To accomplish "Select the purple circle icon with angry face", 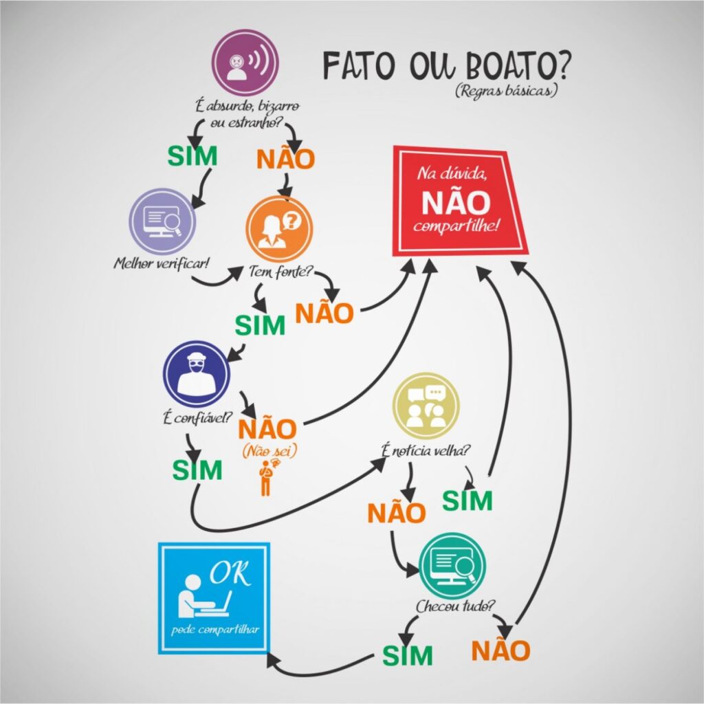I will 245,63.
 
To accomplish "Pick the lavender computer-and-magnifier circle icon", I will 163,221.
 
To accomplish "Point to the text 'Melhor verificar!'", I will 151,265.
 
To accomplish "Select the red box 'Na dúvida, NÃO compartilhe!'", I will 459,201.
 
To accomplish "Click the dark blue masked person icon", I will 196,374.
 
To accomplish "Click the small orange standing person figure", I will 266,477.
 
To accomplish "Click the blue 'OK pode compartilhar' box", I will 214,597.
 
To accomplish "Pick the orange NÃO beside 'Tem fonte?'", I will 324,313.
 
